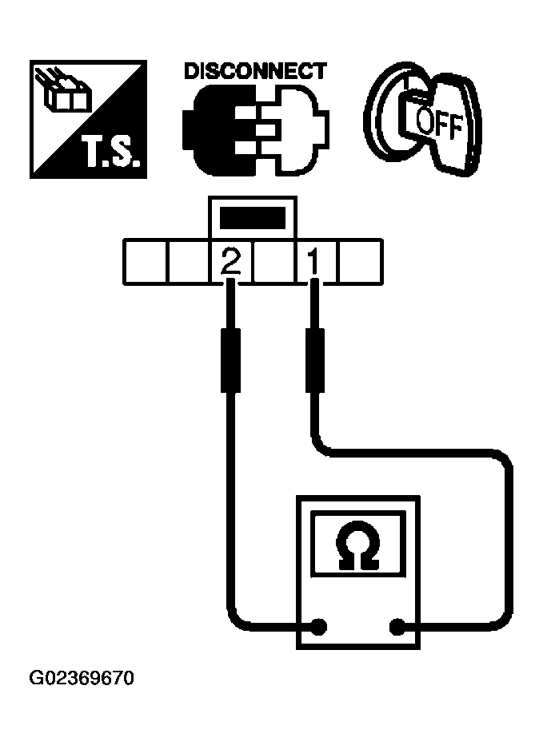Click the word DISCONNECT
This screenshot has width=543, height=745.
click(254, 71)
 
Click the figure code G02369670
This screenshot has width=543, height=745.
click(82, 680)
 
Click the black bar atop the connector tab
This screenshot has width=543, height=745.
click(252, 218)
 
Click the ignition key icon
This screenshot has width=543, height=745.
click(424, 120)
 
